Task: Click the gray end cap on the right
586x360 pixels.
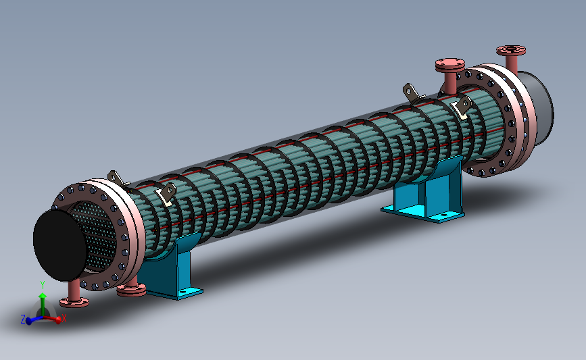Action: coord(538,107)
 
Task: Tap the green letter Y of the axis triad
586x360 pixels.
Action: coord(42,285)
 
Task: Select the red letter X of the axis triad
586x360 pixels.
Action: coord(64,318)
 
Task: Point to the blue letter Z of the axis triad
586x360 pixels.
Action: coord(23,319)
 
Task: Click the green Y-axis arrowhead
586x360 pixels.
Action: coord(42,296)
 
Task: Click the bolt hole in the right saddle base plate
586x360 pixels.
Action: coord(443,215)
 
